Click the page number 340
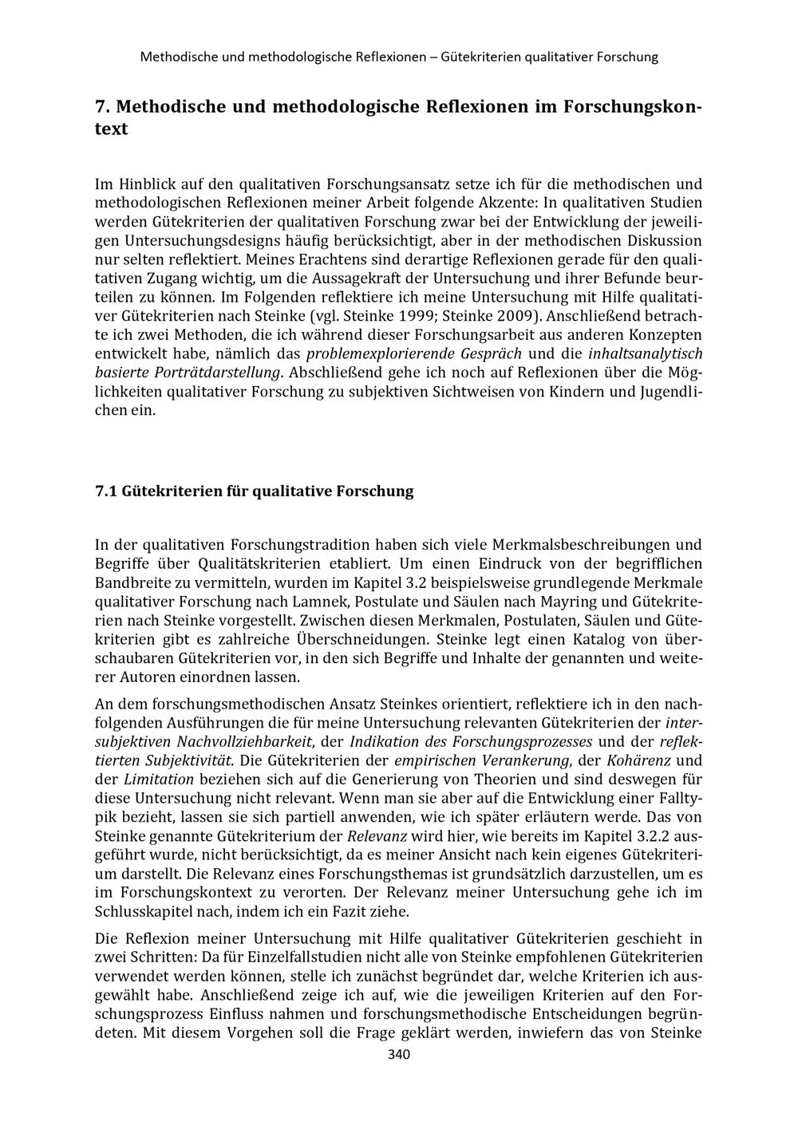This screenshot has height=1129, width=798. [398, 1055]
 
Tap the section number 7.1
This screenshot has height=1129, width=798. [106, 491]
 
